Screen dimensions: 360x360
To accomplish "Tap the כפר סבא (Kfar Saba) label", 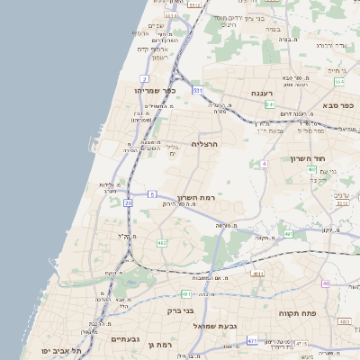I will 340,104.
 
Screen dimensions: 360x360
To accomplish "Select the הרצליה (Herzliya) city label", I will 206,141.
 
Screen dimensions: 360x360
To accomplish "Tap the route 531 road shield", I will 196,91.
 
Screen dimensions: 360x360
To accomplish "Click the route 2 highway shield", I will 144,78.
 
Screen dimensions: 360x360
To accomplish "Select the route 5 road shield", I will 152,193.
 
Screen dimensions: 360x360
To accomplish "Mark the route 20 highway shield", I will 128,203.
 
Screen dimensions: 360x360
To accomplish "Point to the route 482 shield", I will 161,243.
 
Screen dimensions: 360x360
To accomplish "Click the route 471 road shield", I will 251,340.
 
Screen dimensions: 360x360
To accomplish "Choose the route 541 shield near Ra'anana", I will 269,104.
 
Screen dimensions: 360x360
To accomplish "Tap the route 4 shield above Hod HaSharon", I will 264,164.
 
